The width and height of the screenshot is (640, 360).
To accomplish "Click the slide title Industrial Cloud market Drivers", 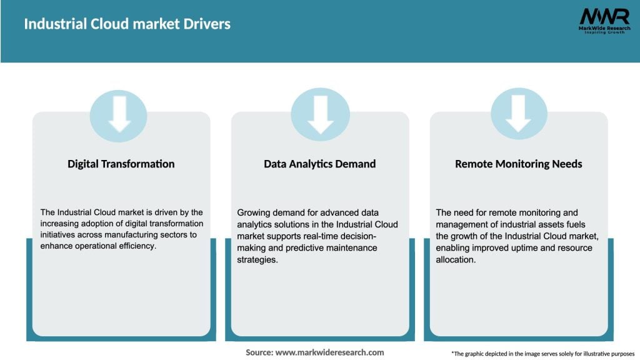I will click(x=127, y=24).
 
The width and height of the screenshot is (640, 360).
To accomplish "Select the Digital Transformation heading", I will click(x=121, y=164).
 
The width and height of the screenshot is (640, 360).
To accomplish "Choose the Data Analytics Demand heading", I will click(x=319, y=164).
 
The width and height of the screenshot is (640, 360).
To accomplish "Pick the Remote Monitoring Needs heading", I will click(x=518, y=164).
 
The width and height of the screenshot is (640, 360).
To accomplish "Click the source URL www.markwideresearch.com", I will click(x=330, y=352).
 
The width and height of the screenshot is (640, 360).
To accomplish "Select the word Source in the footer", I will click(x=259, y=352).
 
